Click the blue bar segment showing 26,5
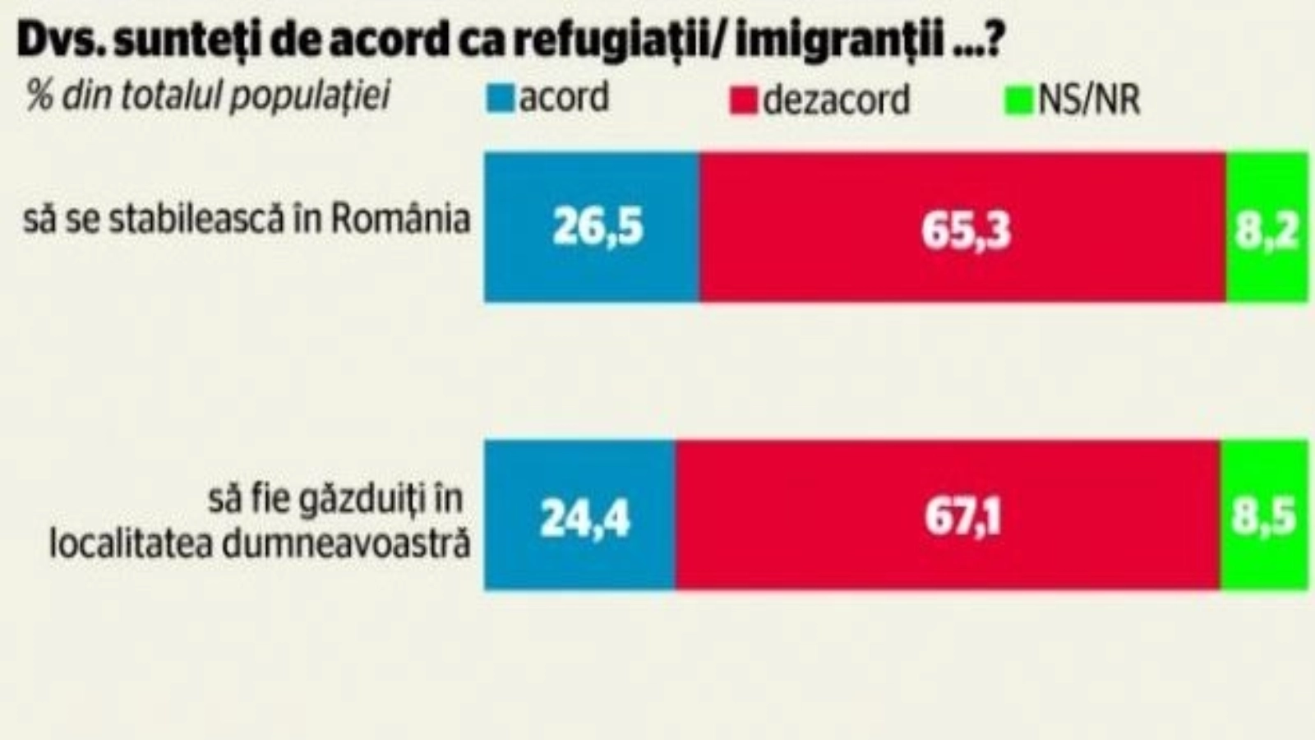point(592,227)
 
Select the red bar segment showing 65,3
point(963,227)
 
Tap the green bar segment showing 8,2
point(1267,227)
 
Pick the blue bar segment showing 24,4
point(580,516)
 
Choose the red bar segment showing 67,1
point(948,516)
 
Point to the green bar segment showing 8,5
point(1264,516)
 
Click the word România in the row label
point(400,219)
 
